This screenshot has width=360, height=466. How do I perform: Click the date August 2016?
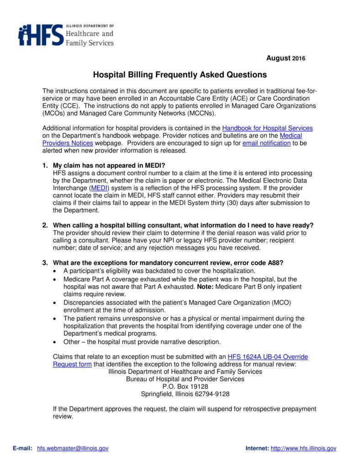286,58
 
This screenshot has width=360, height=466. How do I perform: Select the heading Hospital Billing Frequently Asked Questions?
180,74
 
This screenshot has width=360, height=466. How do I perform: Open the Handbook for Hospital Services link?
267,128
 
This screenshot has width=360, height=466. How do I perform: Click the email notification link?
266,143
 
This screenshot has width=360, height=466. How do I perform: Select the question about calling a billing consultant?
183,225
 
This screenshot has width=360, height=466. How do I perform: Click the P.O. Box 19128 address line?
185,386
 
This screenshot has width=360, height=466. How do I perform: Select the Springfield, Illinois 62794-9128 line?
185,394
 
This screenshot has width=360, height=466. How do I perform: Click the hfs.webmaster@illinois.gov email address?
73,448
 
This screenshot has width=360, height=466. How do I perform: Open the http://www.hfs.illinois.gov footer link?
303,448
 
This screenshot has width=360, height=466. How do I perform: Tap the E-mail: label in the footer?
22,448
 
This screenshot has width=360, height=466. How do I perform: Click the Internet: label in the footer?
257,448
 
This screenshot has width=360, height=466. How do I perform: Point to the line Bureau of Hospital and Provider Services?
185,379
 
